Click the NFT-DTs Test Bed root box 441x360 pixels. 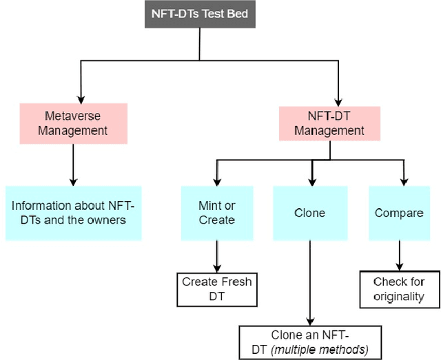[x=199, y=14]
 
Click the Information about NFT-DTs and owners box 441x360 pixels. [x=73, y=213]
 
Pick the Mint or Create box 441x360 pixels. [x=217, y=213]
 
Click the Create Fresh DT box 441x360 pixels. [x=217, y=289]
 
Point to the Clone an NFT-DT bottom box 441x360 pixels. [x=309, y=341]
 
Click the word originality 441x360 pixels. [x=398, y=297]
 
